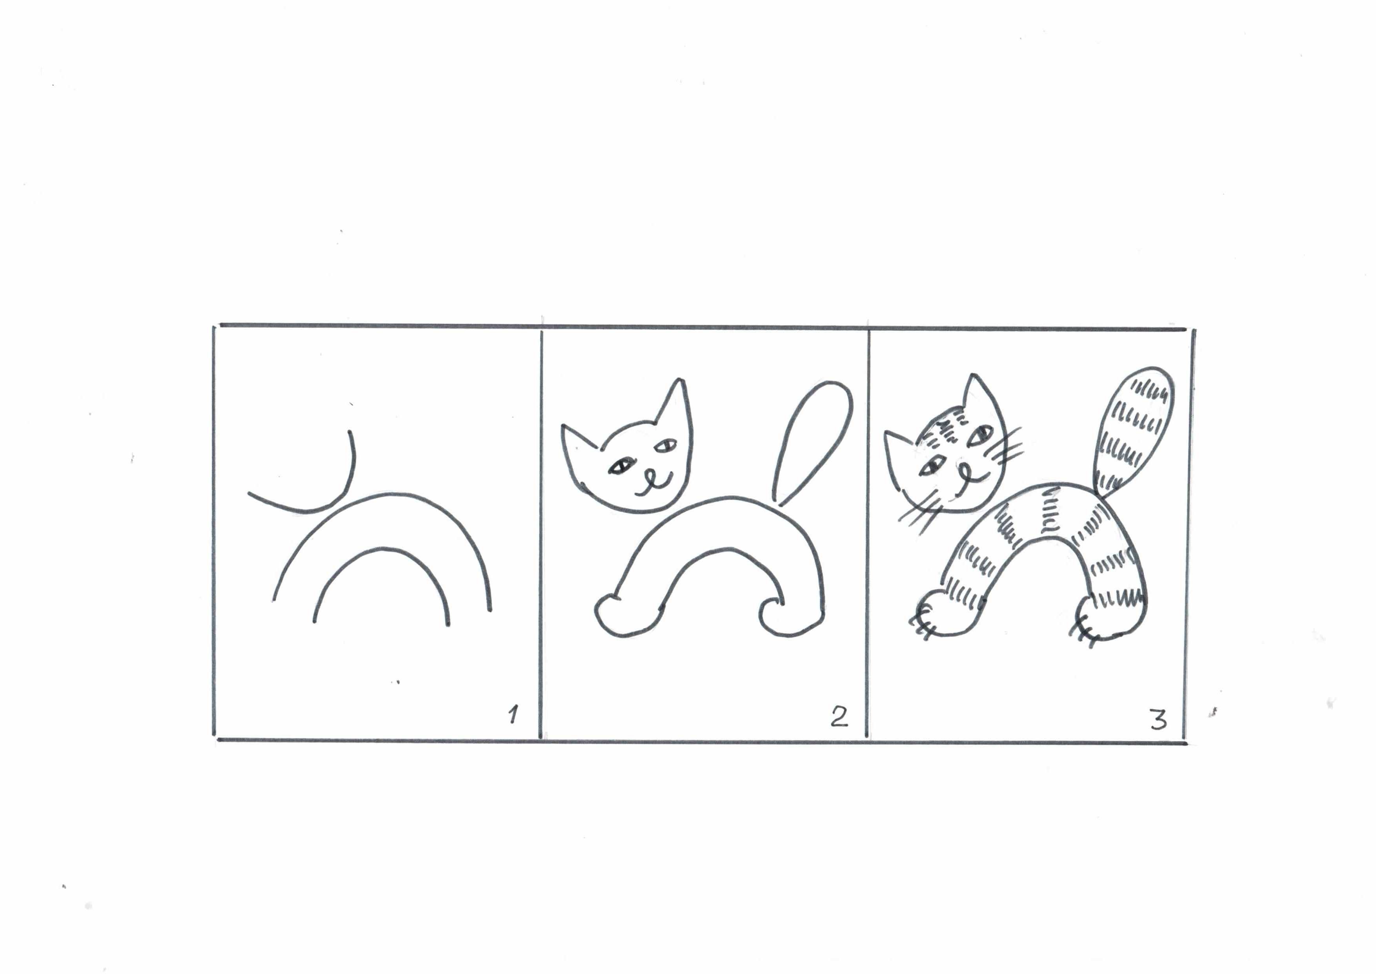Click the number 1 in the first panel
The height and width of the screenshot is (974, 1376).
coord(513,715)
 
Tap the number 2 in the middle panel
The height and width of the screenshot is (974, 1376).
coord(839,717)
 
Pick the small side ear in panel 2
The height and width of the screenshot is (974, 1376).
coord(578,441)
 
